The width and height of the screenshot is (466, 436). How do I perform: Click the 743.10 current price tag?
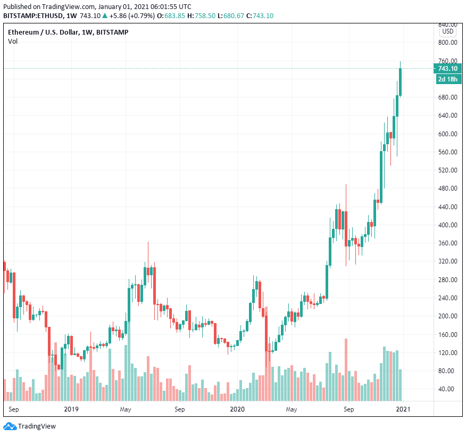coord(447,69)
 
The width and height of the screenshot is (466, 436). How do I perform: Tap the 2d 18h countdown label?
coord(447,79)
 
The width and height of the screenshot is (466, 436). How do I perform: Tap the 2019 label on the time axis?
coord(71,409)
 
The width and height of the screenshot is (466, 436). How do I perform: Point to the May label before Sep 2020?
coord(291,409)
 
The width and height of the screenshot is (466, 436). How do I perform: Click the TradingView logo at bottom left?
coord(30,426)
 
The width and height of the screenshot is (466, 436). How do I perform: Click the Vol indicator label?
coord(13,42)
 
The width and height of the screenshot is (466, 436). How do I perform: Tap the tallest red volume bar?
coord(346,369)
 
